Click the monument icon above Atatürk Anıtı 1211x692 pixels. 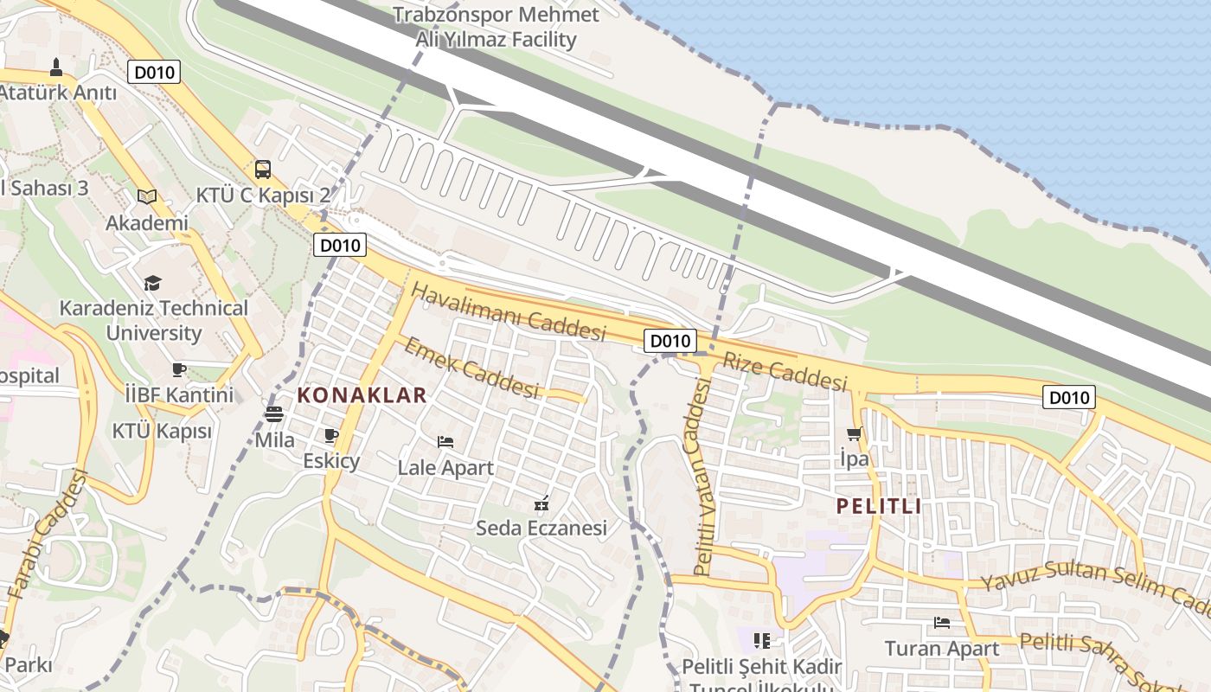[56, 67]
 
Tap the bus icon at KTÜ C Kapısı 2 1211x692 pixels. [263, 170]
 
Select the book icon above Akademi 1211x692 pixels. [147, 197]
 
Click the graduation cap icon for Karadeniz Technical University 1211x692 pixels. [153, 283]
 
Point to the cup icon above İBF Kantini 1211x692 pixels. [179, 369]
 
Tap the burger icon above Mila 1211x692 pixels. [274, 414]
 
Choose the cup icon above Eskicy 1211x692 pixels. [330, 435]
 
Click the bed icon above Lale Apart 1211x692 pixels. [445, 442]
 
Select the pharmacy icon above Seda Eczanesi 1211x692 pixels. [542, 502]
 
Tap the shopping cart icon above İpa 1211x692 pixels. [855, 433]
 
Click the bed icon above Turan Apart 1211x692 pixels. [942, 622]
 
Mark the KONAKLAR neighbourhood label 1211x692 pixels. [362, 396]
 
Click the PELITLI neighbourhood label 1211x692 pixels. [879, 507]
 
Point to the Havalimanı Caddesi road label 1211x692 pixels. [508, 311]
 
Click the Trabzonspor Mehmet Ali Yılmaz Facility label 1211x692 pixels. [496, 27]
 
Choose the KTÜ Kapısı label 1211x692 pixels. [162, 431]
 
